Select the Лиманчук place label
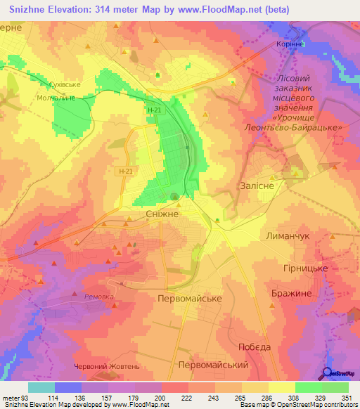click(x=286, y=237)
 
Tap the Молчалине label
click(x=55, y=98)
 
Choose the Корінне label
click(x=288, y=44)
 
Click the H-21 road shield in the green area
click(x=155, y=110)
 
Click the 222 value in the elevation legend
click(x=186, y=399)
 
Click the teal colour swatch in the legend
click(x=41, y=387)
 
